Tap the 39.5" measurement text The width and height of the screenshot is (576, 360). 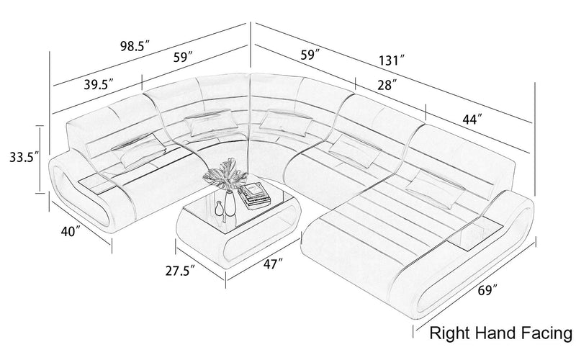pyautogui.click(x=98, y=84)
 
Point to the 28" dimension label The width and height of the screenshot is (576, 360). pyautogui.click(x=386, y=85)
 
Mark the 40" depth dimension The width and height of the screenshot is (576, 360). pyautogui.click(x=70, y=232)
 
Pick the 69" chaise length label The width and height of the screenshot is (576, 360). pyautogui.click(x=486, y=292)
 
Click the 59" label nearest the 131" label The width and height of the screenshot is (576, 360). pyautogui.click(x=310, y=54)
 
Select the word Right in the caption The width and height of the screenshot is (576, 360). pyautogui.click(x=451, y=333)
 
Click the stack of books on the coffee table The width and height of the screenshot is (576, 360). pyautogui.click(x=253, y=194)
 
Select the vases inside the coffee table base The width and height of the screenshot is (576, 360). pyautogui.click(x=225, y=208)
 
